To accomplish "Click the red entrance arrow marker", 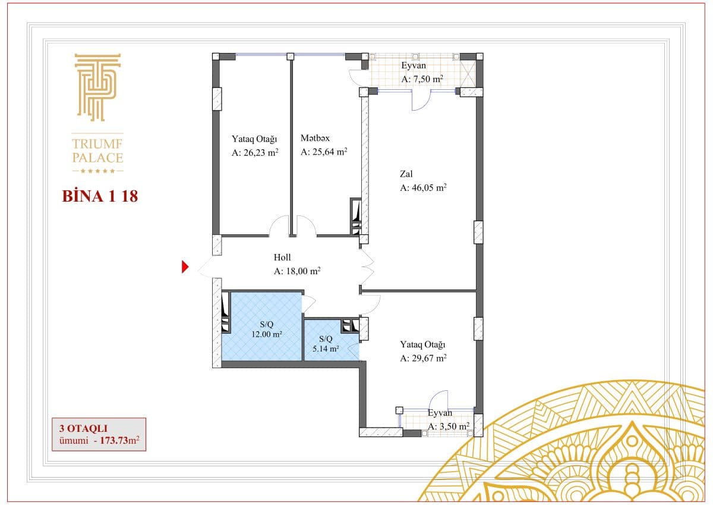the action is [185, 266].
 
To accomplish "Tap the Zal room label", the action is [406, 174].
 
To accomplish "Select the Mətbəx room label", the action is [315, 138].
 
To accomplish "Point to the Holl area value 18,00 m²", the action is [297, 271].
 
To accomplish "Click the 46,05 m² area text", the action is [423, 187].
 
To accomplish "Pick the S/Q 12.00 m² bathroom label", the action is [267, 329].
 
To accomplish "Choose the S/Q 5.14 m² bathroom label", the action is [326, 344].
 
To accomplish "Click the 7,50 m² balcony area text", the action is [422, 79].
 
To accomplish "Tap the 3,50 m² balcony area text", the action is [449, 426].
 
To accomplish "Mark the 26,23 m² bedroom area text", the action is [255, 152].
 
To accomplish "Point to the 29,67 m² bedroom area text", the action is [423, 358].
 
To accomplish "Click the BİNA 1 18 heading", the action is [100, 196].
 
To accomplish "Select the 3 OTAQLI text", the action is [83, 428].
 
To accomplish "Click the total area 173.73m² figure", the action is [119, 440].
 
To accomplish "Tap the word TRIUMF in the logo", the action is [97, 144].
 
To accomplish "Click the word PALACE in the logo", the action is [97, 158].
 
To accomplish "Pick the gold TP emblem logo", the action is [97, 87].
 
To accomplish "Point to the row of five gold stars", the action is [97, 171].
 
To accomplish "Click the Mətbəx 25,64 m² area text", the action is [324, 152].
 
